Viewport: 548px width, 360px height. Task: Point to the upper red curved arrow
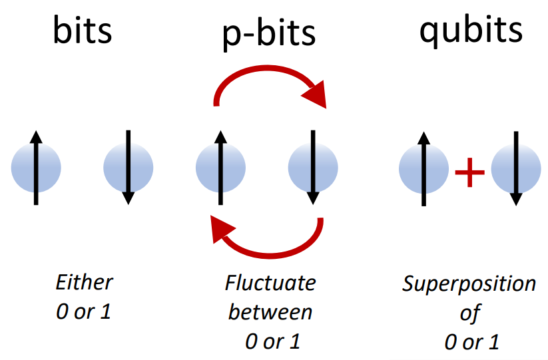[270, 73]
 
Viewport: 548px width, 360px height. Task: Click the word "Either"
[84, 282]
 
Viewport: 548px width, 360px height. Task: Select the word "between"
[270, 311]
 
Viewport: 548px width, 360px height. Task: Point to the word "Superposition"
[469, 284]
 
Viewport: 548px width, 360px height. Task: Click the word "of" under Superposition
[469, 313]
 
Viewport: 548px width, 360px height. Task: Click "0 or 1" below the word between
[272, 341]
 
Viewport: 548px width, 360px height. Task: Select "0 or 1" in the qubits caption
[471, 341]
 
